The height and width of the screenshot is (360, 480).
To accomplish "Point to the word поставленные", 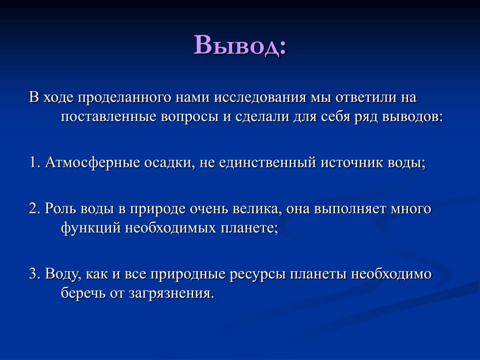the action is [109, 117].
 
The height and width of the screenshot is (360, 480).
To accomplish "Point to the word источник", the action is [352, 163].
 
